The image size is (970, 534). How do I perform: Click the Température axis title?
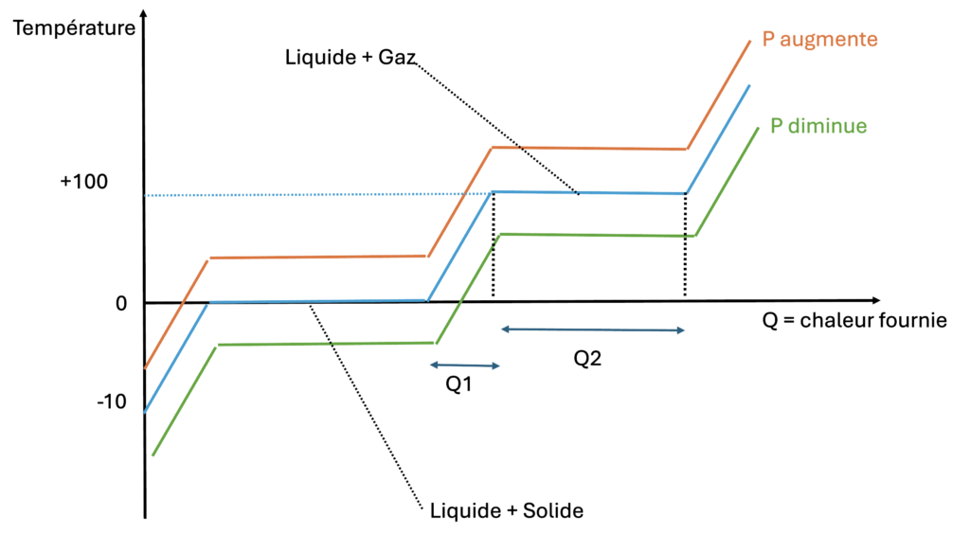(x=75, y=27)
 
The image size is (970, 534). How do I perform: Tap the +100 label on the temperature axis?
(x=83, y=181)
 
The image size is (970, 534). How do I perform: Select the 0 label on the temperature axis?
(x=121, y=304)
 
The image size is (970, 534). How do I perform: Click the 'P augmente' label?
(x=820, y=40)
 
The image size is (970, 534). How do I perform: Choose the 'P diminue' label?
(x=818, y=125)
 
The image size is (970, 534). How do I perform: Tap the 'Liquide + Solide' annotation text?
(x=506, y=510)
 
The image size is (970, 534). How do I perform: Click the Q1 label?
(x=459, y=386)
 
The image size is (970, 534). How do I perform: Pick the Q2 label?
(x=588, y=358)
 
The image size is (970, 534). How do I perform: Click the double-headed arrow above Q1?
(x=463, y=365)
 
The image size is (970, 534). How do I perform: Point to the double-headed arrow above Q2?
(x=593, y=329)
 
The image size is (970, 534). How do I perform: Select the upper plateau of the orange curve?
(x=587, y=149)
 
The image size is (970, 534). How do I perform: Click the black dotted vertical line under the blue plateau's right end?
(x=685, y=246)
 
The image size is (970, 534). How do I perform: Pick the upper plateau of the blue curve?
(x=616, y=193)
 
